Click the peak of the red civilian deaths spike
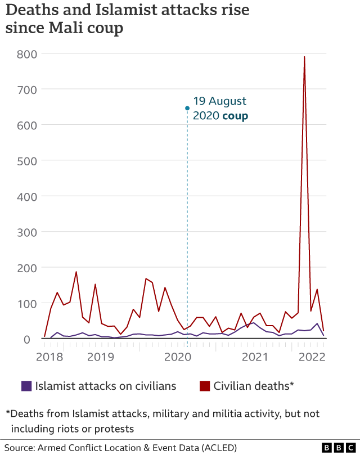(x=304, y=57)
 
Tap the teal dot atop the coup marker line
(x=187, y=108)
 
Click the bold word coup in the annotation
(x=235, y=116)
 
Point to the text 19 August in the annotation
(x=219, y=101)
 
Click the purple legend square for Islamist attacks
(x=26, y=386)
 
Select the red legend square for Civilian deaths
(x=205, y=386)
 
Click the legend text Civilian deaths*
(x=254, y=386)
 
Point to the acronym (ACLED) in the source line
(x=217, y=448)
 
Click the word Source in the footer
(x=19, y=448)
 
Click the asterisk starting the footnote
(x=8, y=413)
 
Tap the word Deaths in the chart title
(x=32, y=10)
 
